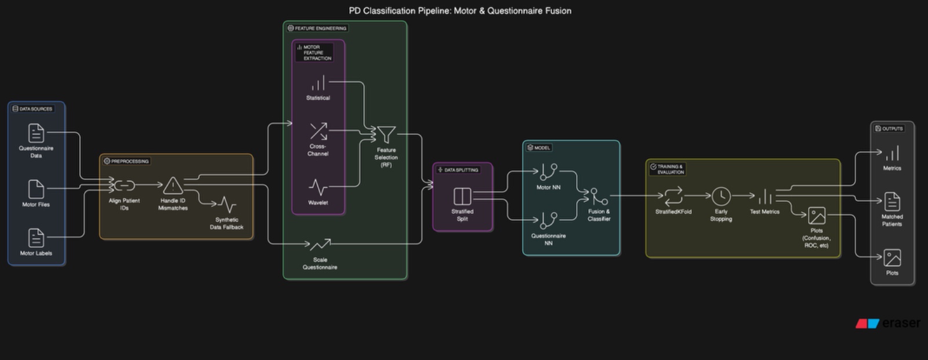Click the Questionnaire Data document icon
click(36, 133)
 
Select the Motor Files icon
click(36, 189)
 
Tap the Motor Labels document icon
click(36, 238)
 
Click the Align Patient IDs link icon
click(124, 186)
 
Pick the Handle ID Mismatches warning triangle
click(173, 186)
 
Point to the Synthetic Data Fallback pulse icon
click(227, 205)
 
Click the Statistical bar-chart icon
click(318, 84)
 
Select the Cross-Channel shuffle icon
click(318, 131)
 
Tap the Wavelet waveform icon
click(318, 187)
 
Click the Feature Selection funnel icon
click(386, 134)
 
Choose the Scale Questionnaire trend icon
click(320, 245)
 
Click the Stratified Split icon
click(462, 196)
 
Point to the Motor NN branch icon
click(548, 172)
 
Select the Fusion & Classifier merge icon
click(599, 197)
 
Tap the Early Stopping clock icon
click(721, 196)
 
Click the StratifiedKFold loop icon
click(673, 196)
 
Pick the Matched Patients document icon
click(892, 201)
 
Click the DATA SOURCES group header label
click(36, 109)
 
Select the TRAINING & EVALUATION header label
click(670, 169)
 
